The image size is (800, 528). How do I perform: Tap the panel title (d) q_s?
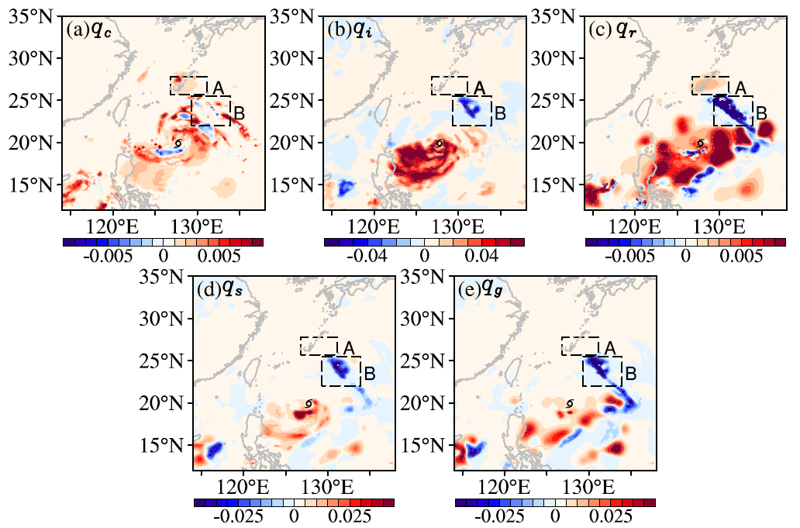pos(219,291)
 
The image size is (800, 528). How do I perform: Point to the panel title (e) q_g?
pos(480,291)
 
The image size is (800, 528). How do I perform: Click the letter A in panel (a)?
pos(218,88)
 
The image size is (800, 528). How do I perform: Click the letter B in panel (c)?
pos(761,113)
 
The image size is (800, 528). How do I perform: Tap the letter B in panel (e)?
pos(630,374)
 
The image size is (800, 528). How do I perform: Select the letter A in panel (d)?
pos(349,348)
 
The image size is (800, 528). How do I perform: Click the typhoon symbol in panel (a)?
pos(178,144)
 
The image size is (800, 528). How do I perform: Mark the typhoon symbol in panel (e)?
pos(570,404)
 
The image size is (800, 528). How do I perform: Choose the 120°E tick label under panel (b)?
pos(374,226)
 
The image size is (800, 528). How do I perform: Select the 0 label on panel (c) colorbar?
pos(686,255)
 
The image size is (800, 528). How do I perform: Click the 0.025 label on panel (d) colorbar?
pos(350,516)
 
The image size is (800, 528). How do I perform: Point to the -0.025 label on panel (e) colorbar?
pos(499,516)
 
